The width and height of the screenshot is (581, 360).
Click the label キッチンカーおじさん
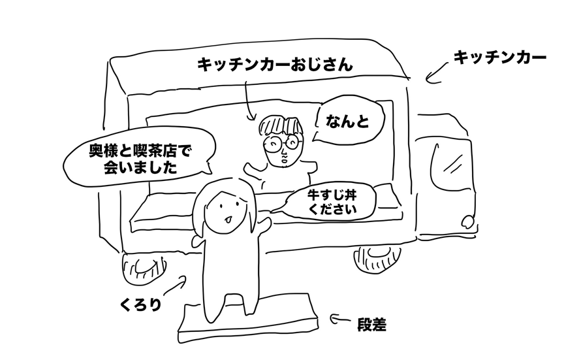pos(274,65)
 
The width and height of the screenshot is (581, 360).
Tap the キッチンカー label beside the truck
pos(499,58)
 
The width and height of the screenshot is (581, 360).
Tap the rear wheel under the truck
pos(140,268)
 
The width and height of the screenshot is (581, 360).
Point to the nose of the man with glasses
pos(283,154)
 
